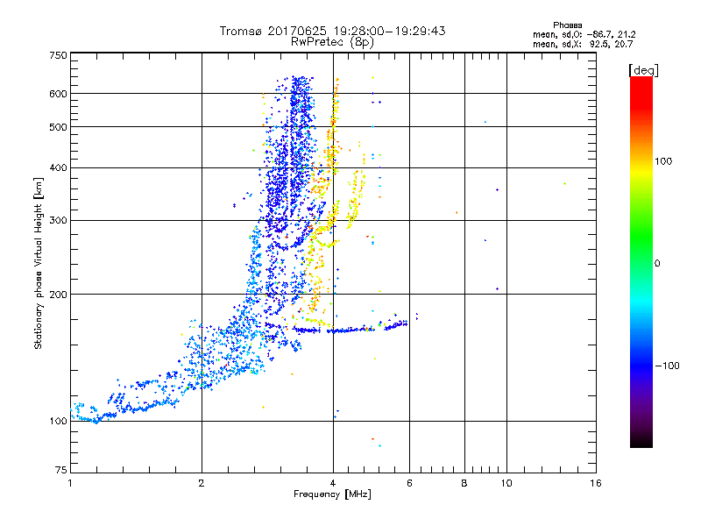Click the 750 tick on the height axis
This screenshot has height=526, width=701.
tap(58, 55)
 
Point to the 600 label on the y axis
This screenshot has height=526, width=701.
tap(58, 94)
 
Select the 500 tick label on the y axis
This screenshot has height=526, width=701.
tap(58, 127)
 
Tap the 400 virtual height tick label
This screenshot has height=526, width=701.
tap(58, 167)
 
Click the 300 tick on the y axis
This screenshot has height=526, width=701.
tap(58, 220)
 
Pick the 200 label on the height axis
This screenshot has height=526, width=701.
tap(58, 295)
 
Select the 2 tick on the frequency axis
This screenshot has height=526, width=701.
tap(202, 483)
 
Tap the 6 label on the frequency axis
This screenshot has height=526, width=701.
tap(409, 483)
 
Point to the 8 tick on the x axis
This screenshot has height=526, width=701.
tap(464, 483)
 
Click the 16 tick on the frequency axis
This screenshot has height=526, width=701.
tap(595, 483)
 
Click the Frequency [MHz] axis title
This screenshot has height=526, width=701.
tap(332, 495)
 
